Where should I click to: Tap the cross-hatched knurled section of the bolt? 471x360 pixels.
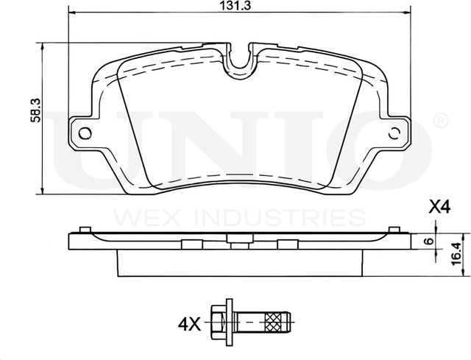click(x=274, y=321)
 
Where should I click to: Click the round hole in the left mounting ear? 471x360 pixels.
click(x=85, y=133)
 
